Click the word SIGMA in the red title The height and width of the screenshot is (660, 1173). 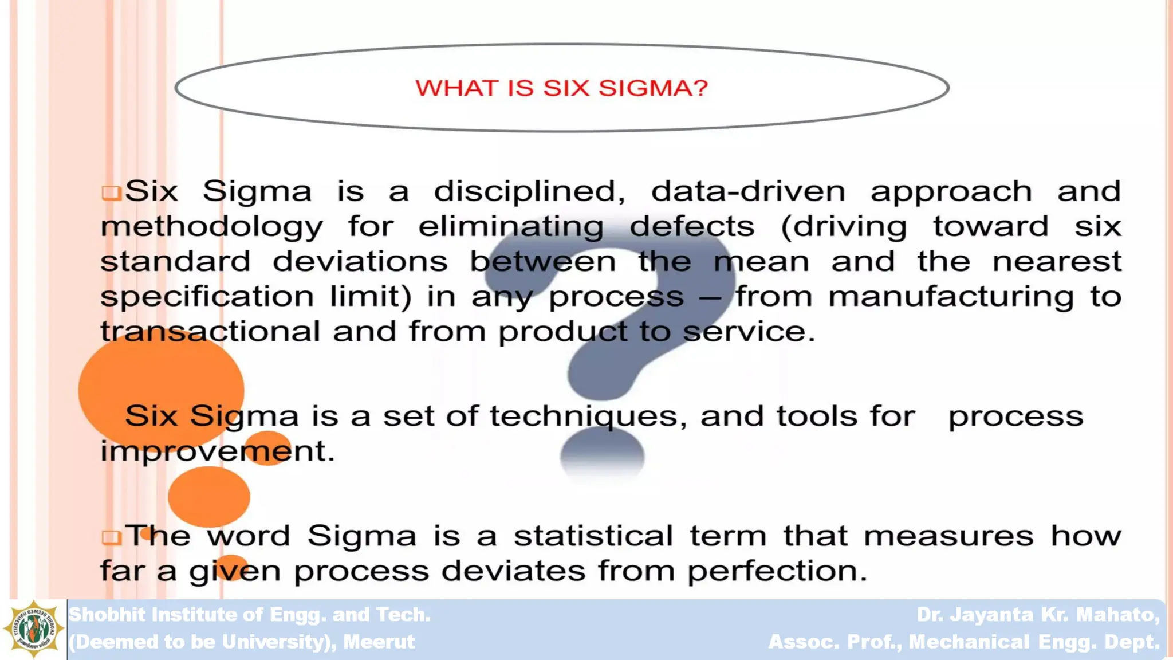click(x=653, y=88)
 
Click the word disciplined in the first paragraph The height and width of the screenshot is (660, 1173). click(x=529, y=191)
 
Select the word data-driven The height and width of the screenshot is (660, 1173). click(x=748, y=191)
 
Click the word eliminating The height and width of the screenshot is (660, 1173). click(x=510, y=227)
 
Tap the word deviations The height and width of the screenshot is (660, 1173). click(x=360, y=262)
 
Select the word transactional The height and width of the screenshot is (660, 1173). click(x=210, y=332)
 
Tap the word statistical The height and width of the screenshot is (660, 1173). click(x=593, y=536)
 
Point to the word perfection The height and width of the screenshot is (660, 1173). click(x=777, y=571)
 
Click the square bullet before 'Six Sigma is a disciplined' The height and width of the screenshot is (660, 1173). click(x=111, y=192)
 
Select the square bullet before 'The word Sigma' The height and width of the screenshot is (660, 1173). click(x=111, y=537)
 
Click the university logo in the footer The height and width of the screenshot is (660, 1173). click(x=33, y=629)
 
